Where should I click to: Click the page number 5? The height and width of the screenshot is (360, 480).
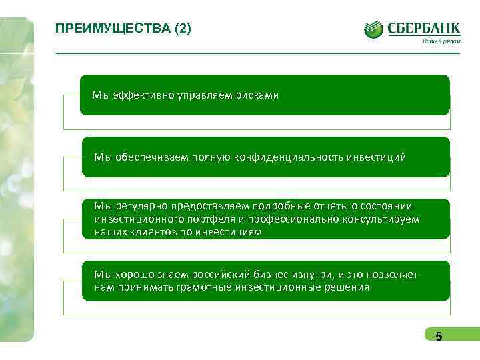(439, 337)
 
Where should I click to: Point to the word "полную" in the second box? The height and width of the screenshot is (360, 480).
(211, 157)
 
